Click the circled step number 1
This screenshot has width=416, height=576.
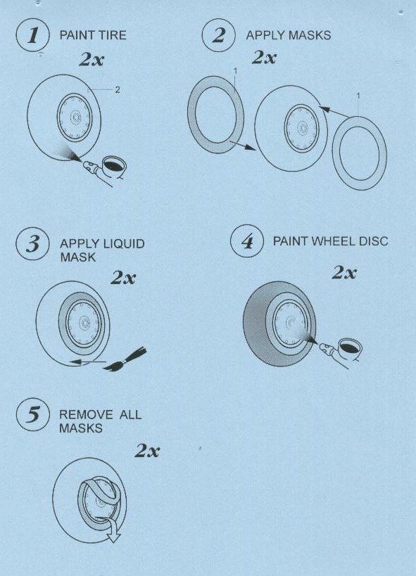pos(32,35)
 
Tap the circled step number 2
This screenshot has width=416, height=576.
pos(218,35)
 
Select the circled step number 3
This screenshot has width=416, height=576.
pos(32,244)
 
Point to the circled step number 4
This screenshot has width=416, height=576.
pos(247,241)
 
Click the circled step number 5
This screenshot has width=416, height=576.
pos(32,414)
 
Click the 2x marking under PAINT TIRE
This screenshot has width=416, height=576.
pos(92,60)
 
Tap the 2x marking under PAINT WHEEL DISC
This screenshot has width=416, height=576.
pos(344,273)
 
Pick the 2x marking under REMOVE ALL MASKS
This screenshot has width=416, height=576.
pos(147,450)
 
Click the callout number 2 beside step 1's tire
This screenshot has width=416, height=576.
pos(118,89)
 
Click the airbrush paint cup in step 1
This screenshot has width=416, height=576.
pos(115,166)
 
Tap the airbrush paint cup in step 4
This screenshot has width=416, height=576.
pos(350,348)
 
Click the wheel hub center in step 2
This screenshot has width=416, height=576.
pos(303,129)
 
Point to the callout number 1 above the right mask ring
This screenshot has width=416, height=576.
pos(358,96)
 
